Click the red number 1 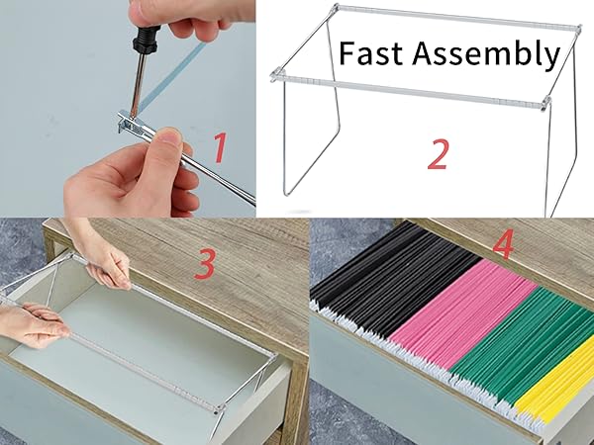point(222,148)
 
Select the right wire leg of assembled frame point(564,158)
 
